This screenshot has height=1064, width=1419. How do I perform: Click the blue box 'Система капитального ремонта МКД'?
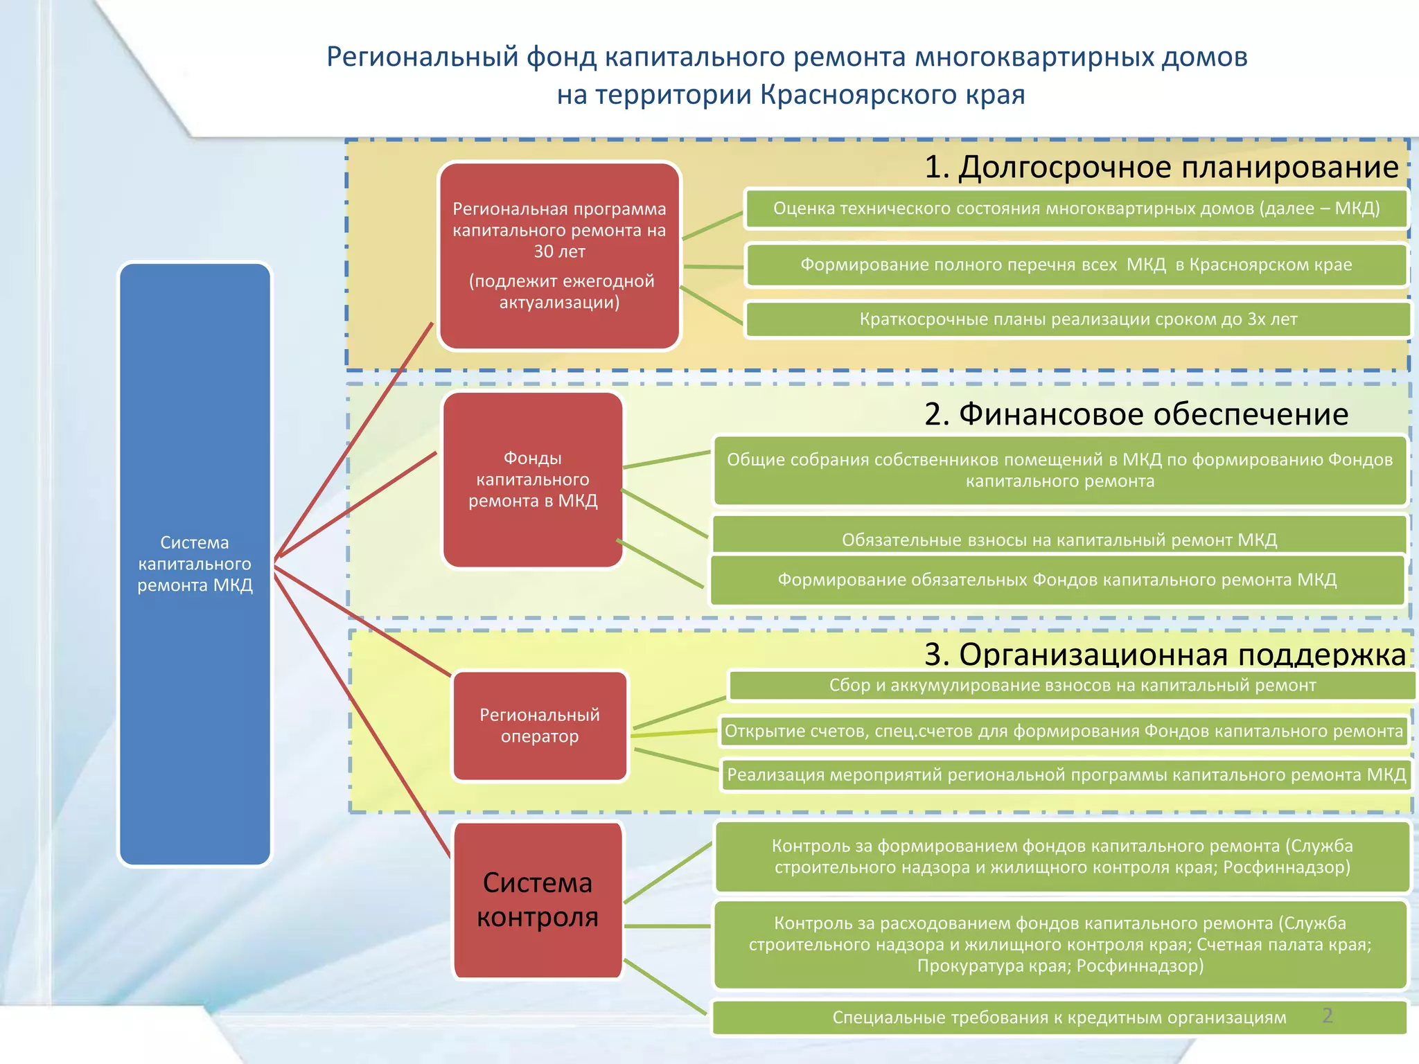click(195, 563)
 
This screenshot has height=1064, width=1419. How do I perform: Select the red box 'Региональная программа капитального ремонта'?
click(559, 256)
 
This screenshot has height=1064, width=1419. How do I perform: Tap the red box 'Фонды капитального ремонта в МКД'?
click(532, 479)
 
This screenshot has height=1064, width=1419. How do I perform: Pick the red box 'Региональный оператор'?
click(540, 725)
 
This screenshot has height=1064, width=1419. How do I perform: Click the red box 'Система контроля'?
click(538, 899)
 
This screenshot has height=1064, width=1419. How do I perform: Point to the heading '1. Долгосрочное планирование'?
click(1161, 167)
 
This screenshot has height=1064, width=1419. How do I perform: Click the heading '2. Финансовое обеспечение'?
click(1136, 414)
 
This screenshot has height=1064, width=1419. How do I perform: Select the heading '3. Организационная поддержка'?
click(1165, 654)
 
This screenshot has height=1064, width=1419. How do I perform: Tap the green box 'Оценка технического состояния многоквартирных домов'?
click(1076, 209)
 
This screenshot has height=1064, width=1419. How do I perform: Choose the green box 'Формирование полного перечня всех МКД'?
click(1076, 265)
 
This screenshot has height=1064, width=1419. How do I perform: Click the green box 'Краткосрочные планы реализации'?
click(1078, 319)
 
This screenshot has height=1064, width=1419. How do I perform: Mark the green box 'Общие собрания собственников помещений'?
click(1059, 470)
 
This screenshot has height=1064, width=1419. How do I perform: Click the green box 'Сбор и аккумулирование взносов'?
click(1072, 685)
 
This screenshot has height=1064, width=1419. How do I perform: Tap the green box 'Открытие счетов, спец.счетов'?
click(1064, 731)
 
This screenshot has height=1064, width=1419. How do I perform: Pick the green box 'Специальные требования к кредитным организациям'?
click(1059, 1018)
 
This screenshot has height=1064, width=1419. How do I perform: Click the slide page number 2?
click(1327, 1016)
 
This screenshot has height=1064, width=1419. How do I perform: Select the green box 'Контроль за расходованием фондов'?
click(1059, 943)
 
